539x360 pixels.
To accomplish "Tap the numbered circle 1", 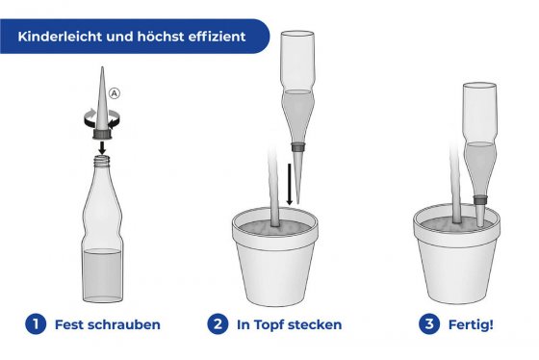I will [36, 324].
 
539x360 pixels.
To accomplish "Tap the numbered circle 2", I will [218, 324].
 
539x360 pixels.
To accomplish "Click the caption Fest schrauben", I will [108, 324].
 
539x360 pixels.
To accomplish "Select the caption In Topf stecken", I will [289, 324].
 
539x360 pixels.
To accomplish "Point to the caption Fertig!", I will [471, 324].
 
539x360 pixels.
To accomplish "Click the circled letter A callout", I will [116, 93].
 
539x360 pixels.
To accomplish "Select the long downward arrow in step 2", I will [292, 182].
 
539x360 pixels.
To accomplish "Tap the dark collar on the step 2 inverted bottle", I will [297, 149].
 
